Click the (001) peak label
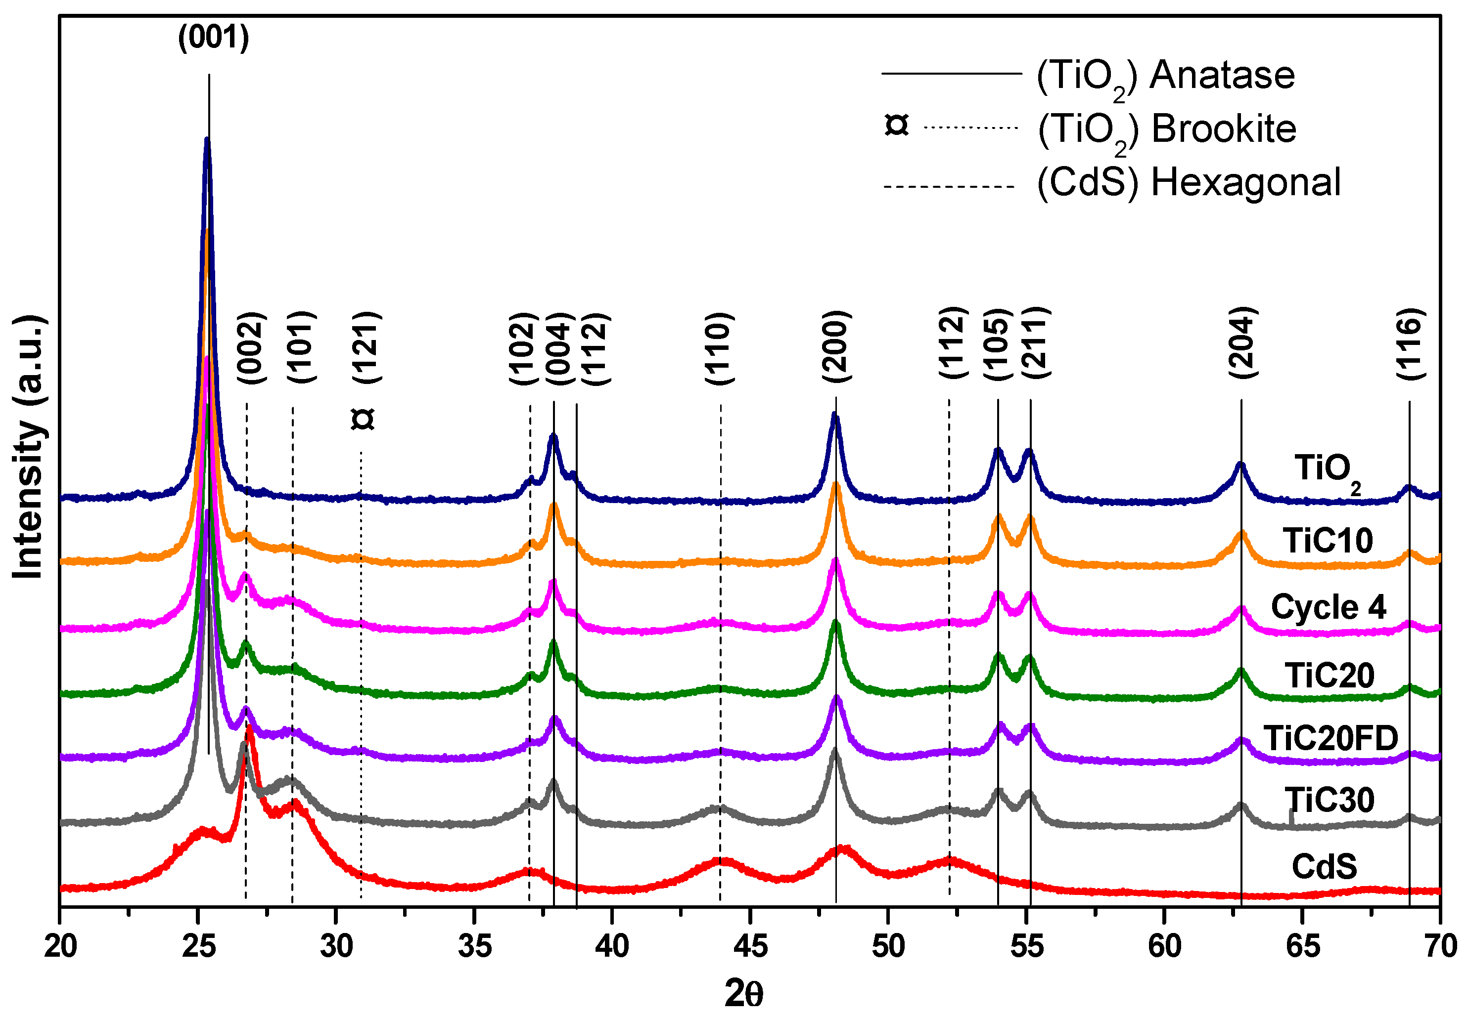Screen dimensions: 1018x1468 point(213,37)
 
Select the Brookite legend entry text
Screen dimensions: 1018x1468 point(1167,130)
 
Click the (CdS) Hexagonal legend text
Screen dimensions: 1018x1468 point(1189,183)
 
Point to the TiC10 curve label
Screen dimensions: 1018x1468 point(1328,541)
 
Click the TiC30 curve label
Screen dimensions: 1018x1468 point(1330,800)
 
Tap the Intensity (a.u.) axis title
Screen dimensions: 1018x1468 point(29,447)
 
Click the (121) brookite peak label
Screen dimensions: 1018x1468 point(367,347)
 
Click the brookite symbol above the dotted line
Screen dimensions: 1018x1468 point(363,419)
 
